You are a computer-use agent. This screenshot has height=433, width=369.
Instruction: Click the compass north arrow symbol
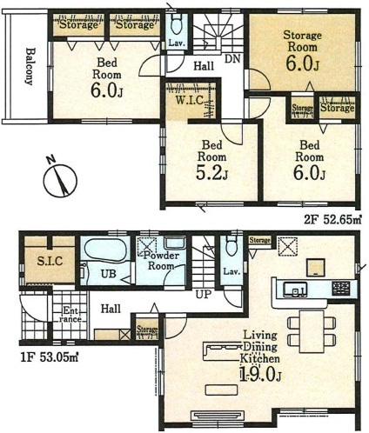pyautogui.click(x=60, y=181)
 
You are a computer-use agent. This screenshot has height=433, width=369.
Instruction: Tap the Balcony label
pyautogui.click(x=30, y=66)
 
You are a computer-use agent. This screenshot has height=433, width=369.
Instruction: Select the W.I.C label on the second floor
pyautogui.click(x=190, y=101)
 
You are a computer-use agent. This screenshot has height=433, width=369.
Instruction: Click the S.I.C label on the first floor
pyautogui.click(x=50, y=261)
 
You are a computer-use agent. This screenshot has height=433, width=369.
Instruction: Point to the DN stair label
pyautogui.click(x=233, y=59)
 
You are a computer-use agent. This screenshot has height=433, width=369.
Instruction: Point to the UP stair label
pyautogui.click(x=204, y=295)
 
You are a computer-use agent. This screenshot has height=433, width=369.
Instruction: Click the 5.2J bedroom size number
pyautogui.click(x=211, y=173)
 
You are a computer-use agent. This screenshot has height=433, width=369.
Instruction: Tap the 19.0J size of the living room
pyautogui.click(x=260, y=374)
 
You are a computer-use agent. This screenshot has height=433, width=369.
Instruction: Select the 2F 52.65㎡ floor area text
pyautogui.click(x=332, y=220)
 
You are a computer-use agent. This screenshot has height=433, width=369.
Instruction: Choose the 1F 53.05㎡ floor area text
pyautogui.click(x=50, y=357)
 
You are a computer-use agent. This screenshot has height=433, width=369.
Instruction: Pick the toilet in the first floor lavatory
pyautogui.click(x=231, y=245)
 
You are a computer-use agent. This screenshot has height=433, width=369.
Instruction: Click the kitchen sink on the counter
pyautogui.click(x=295, y=290)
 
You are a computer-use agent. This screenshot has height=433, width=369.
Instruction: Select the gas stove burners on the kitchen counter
pyautogui.click(x=341, y=289)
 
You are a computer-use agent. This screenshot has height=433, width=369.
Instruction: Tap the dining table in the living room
pyautogui.click(x=312, y=331)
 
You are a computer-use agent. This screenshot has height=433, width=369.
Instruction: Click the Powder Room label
pyautogui.click(x=161, y=261)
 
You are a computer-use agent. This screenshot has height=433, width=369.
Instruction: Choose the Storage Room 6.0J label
pyautogui.click(x=302, y=52)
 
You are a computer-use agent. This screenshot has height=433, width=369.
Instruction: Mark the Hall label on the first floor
pyautogui.click(x=111, y=309)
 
